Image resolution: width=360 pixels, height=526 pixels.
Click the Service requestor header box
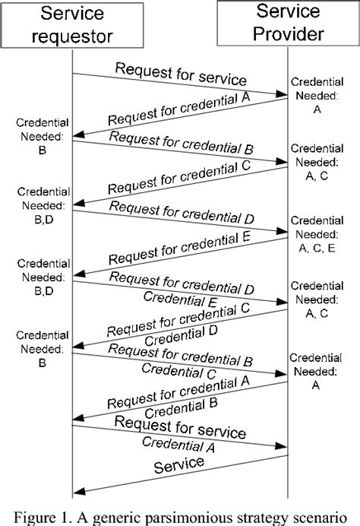pos(72,25)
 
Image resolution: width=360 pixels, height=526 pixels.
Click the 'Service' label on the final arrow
pos(178,464)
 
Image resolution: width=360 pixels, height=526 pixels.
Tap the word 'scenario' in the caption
pos(323,515)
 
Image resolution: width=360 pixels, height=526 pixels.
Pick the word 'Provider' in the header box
pos(289,34)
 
